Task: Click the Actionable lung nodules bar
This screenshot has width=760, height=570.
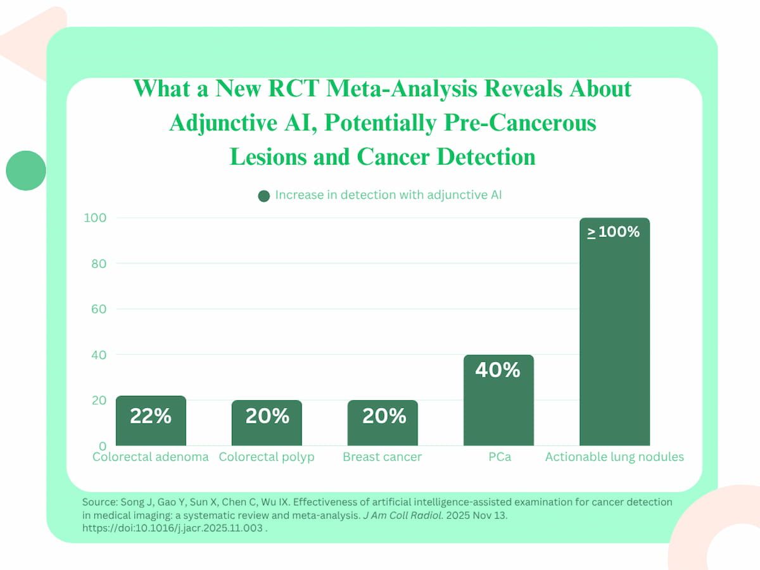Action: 614,342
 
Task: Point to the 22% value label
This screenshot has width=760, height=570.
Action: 151,416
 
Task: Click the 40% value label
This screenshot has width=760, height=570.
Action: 498,370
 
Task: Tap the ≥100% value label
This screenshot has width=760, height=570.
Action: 614,232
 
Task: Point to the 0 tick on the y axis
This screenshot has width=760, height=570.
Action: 101,446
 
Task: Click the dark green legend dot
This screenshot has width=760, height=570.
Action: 264,196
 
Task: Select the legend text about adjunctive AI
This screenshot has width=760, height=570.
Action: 388,195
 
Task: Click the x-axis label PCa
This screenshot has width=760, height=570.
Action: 500,457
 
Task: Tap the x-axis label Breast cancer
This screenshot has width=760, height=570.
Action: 382,457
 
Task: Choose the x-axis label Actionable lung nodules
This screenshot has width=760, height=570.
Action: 614,457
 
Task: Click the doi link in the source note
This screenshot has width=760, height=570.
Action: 172,528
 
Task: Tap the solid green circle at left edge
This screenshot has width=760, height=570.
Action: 26,170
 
